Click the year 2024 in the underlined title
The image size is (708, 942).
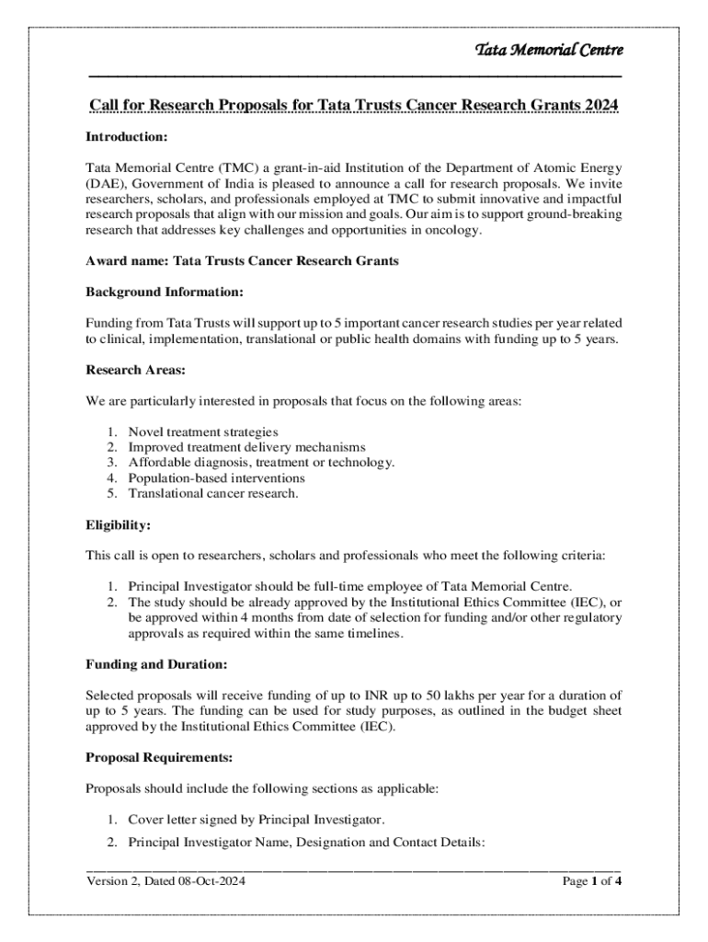[600, 106]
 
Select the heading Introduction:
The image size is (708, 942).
[126, 137]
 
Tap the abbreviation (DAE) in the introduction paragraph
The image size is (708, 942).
[104, 183]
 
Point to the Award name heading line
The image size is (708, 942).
[242, 261]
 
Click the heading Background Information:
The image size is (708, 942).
[165, 293]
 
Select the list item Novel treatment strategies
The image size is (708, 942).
[202, 431]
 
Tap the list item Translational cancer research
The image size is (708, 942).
[213, 494]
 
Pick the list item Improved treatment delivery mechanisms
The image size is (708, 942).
[246, 447]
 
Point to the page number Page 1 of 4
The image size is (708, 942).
[592, 881]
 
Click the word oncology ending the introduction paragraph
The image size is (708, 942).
[451, 230]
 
